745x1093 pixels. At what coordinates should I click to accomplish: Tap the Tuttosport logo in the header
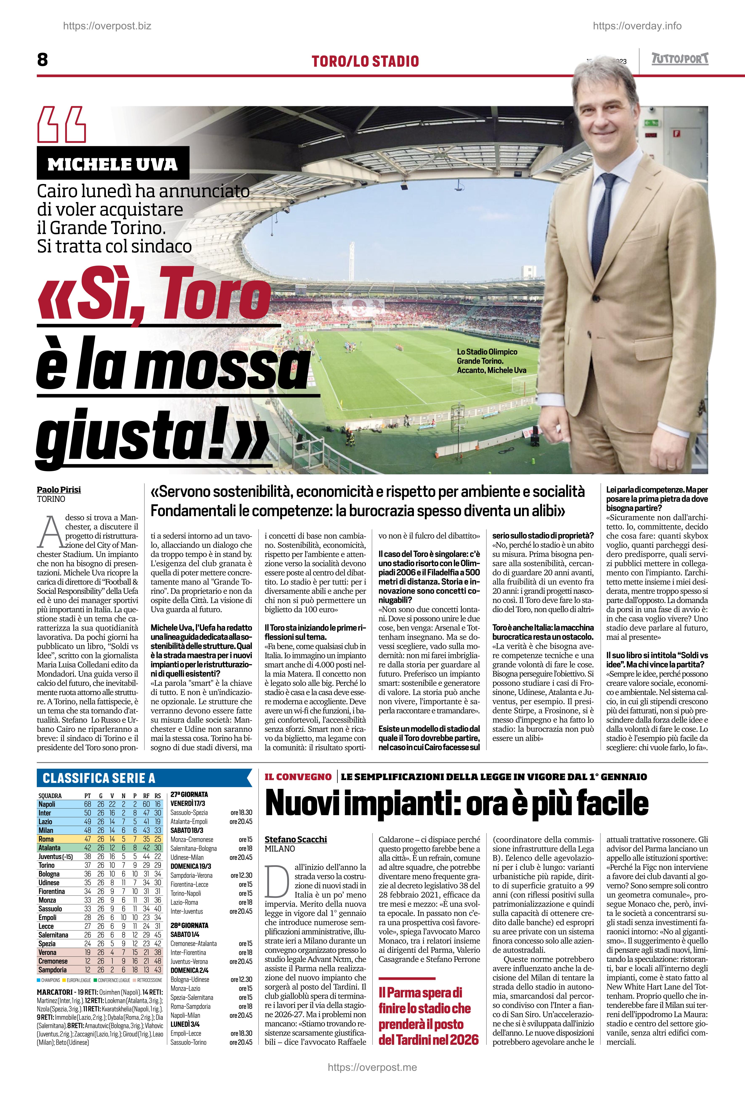click(x=680, y=59)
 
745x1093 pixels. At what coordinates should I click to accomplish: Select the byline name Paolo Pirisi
click(x=59, y=489)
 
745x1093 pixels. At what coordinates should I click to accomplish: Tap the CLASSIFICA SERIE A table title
click(x=99, y=778)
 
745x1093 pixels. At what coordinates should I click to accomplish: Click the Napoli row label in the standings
click(x=47, y=804)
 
